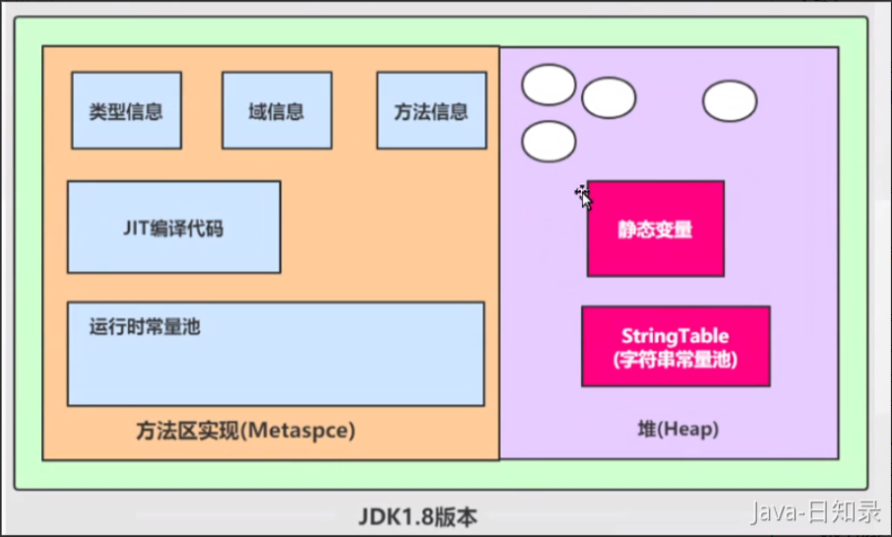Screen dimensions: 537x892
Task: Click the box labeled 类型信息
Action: pyautogui.click(x=126, y=110)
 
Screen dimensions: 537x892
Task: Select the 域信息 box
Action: pyautogui.click(x=276, y=110)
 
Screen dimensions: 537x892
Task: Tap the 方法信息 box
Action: pyautogui.click(x=431, y=110)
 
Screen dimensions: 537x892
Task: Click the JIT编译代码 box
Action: pyautogui.click(x=173, y=227)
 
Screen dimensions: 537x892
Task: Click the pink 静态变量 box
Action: pyautogui.click(x=656, y=229)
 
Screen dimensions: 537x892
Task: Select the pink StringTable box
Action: pyautogui.click(x=675, y=346)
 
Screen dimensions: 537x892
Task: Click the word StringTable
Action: pyautogui.click(x=675, y=337)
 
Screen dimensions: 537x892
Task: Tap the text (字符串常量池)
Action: pyautogui.click(x=675, y=360)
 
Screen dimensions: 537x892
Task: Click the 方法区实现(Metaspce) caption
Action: pyautogui.click(x=244, y=431)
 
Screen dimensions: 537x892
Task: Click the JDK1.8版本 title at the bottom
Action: pyautogui.click(x=417, y=515)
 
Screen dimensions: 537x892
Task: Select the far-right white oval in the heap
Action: pyautogui.click(x=730, y=101)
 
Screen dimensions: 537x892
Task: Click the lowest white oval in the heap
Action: pyautogui.click(x=548, y=142)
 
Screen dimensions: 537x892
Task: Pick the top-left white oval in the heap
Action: pyautogui.click(x=548, y=85)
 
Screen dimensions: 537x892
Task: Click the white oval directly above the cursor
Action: pyautogui.click(x=608, y=98)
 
